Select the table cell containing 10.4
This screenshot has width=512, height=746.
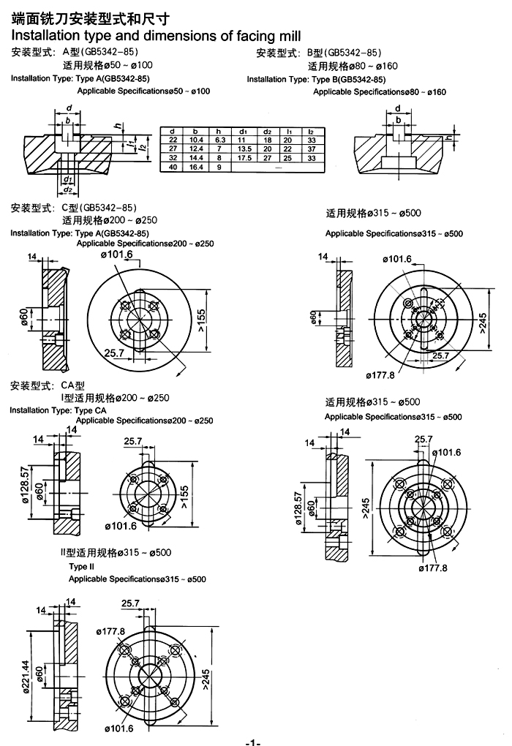(196, 139)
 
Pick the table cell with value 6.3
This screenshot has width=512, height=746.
(219, 139)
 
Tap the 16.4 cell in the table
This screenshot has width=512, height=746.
(196, 167)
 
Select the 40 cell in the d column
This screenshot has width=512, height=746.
(173, 167)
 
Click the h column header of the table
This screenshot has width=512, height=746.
(219, 130)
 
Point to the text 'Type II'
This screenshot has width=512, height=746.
(82, 567)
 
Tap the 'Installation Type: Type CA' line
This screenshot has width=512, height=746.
(58, 410)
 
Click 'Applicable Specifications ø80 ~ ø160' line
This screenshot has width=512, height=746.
(379, 91)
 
